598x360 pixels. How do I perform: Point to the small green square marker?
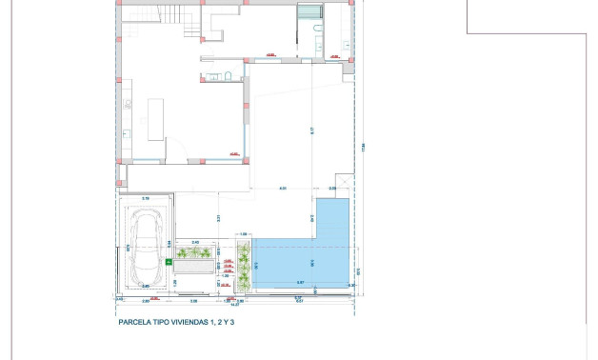click(x=168, y=259)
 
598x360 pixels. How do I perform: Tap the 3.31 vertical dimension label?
click(x=218, y=218)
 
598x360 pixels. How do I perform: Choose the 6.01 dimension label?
click(x=283, y=188)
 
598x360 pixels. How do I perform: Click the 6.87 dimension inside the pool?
click(x=300, y=283)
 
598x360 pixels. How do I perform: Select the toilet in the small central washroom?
click(x=229, y=75)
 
